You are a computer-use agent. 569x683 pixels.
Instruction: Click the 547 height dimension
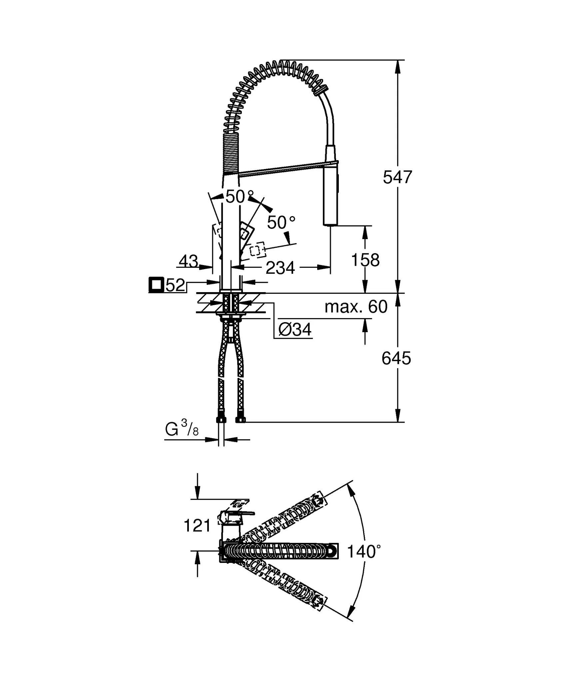pos(397,177)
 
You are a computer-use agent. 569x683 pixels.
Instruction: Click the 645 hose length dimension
pos(396,359)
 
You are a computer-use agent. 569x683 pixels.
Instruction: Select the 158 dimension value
pos(365,260)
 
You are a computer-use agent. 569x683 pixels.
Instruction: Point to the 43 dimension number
pos(188,261)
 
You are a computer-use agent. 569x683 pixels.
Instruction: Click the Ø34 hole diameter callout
pos(294,330)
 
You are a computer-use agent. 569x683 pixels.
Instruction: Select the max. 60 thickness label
pos(356,306)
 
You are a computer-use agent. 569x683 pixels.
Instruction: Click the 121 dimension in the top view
pos(197,526)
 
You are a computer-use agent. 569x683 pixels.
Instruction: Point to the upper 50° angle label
pos(239,197)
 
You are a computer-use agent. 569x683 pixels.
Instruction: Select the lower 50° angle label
pos(281,222)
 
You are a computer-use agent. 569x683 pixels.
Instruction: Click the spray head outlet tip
pos(330,225)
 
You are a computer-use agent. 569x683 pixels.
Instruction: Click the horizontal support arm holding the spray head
pos(286,168)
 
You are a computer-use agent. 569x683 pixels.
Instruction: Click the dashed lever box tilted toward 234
pos(256,250)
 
